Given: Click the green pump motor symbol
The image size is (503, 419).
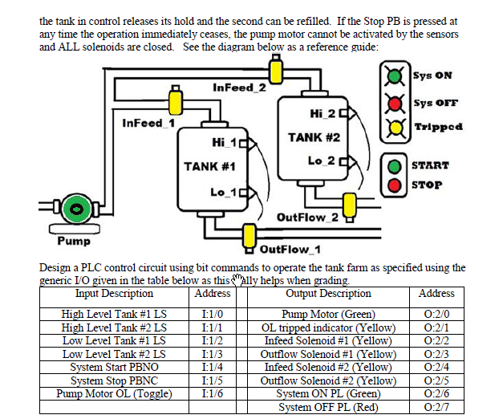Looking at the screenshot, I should coord(77,209).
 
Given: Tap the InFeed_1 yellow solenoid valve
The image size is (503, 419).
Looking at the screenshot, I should coord(175,102).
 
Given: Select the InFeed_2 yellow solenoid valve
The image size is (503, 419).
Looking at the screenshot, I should coord(276,71).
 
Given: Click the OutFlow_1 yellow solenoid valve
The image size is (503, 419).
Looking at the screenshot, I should coord(249,236).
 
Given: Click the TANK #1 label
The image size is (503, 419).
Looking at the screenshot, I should coord(209,167).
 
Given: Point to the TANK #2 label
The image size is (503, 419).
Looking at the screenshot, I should coord(314,137).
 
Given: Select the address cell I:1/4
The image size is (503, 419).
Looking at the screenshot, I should coord(213,367).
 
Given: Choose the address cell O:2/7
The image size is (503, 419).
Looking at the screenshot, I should coord(436,407).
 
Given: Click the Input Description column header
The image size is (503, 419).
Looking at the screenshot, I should coord(114,294).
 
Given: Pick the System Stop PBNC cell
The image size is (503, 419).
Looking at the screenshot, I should coord(114,380).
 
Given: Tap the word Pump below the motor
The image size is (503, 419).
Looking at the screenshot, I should coord(73,241).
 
